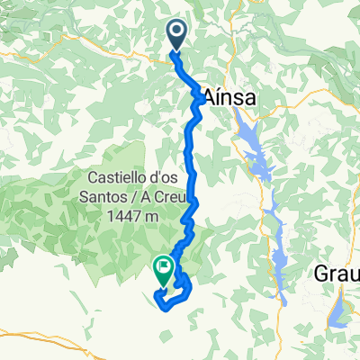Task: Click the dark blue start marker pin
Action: [x=176, y=35]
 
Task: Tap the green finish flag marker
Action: [x=163, y=267]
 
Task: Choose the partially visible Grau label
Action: [x=339, y=274]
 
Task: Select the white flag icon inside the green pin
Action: [x=163, y=266]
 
